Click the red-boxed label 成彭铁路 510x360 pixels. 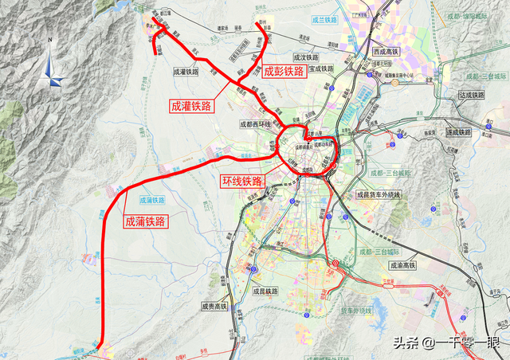[x=284, y=72]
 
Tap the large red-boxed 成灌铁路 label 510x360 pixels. [x=191, y=105]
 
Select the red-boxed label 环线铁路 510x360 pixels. [x=241, y=182]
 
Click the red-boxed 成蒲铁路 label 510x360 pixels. [x=145, y=221]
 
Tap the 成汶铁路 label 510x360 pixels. [x=306, y=57]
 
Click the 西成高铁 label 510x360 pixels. [x=387, y=52]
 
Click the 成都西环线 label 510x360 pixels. [x=255, y=124]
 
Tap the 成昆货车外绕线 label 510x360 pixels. [x=380, y=194]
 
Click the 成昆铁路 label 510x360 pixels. [x=263, y=292]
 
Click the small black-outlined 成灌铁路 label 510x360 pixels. [x=188, y=71]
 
